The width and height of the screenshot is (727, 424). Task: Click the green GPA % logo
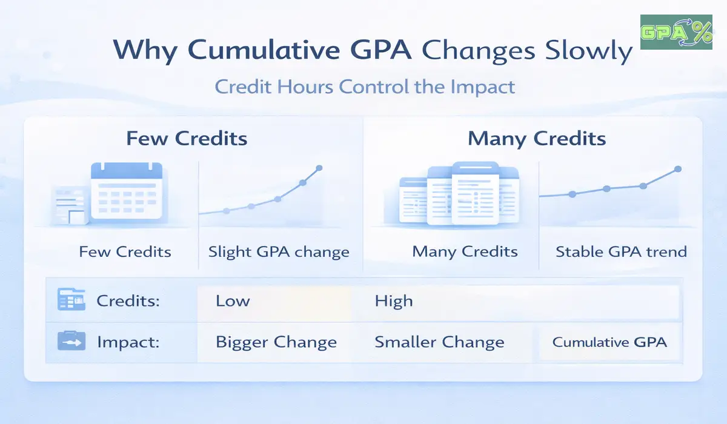[x=676, y=32]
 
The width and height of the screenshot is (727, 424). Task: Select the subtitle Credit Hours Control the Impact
[x=365, y=86]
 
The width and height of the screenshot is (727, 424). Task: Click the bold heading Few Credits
[x=187, y=139]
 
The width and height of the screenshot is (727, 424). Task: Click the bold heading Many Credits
[x=537, y=139]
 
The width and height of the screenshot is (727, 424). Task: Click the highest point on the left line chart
[x=319, y=168]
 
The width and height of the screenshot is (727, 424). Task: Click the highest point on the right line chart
[x=677, y=169]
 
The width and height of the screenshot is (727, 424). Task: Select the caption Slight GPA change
[x=279, y=251]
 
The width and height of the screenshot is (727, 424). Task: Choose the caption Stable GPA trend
[x=621, y=251]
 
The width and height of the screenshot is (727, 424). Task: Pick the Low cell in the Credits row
[x=233, y=301]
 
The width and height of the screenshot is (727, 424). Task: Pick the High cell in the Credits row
[x=394, y=301]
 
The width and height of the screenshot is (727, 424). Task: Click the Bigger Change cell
[x=276, y=342]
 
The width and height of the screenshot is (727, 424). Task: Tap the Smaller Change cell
[x=439, y=342]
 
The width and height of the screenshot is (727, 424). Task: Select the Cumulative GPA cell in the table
[x=609, y=342]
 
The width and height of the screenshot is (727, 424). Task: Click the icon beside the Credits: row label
[x=66, y=300]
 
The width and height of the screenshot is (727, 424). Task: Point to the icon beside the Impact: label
[x=67, y=341]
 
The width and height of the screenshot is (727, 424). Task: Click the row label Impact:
[x=128, y=342]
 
